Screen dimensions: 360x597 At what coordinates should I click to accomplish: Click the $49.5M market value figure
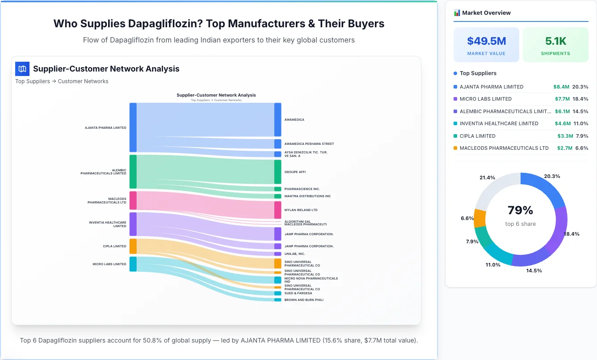[x=486, y=41]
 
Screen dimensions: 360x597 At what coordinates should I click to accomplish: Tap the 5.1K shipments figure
[x=555, y=41]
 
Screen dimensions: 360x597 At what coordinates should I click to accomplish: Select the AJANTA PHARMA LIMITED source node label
[x=105, y=128]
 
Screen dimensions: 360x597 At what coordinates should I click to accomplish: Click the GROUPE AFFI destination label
[x=295, y=172]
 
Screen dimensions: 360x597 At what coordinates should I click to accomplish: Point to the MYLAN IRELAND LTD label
[x=301, y=210]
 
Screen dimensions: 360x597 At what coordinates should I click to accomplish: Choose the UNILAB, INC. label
[x=294, y=254]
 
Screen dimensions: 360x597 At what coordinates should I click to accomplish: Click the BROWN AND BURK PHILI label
[x=303, y=300]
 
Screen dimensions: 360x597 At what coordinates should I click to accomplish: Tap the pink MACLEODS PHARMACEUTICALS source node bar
[x=133, y=200]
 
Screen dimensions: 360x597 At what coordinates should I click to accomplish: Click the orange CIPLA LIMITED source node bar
[x=133, y=246]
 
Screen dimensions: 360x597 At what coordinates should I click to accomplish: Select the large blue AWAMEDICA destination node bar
[x=277, y=119]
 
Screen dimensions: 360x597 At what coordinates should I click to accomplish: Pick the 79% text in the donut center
[x=520, y=211]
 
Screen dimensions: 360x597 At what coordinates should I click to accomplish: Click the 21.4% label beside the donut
[x=487, y=178]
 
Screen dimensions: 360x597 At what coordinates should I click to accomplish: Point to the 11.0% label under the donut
[x=493, y=265]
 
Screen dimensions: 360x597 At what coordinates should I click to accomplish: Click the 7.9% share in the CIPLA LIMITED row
[x=582, y=136]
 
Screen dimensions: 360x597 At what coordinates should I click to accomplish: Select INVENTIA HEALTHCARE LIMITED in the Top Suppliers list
[x=499, y=123]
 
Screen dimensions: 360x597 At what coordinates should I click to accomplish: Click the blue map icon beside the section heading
[x=22, y=69]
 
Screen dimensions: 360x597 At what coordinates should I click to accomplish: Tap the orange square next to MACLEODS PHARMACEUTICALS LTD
[x=455, y=148]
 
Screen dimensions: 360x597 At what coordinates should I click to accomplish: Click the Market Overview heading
[x=486, y=13]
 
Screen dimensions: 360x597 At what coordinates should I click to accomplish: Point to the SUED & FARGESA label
[x=298, y=293]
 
